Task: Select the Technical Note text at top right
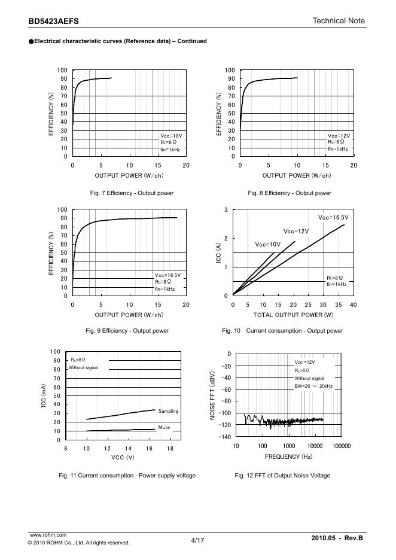click(x=339, y=21)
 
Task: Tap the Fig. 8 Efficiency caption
click(x=290, y=193)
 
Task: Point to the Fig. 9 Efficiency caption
click(x=127, y=331)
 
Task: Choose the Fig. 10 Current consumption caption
click(x=282, y=331)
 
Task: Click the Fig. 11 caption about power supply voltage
click(x=127, y=476)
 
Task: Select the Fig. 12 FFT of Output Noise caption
click(x=282, y=476)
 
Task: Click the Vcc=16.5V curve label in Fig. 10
click(x=333, y=218)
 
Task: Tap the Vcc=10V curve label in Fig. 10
click(x=267, y=244)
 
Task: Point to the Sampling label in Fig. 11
click(x=168, y=412)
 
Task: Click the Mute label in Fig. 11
click(x=165, y=427)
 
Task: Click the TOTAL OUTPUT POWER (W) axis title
click(x=293, y=315)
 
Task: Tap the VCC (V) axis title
click(x=123, y=458)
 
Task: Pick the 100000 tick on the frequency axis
click(x=341, y=446)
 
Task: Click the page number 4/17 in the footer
click(x=197, y=540)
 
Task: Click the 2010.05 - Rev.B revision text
click(x=337, y=539)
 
